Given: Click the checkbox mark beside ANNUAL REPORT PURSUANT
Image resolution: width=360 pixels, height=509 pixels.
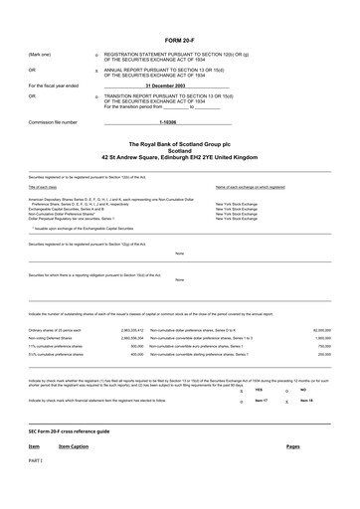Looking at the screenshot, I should click(x=95, y=71).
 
